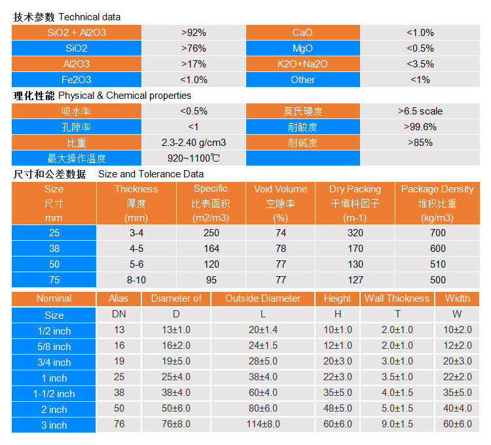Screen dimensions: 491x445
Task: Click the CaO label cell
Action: (303, 33)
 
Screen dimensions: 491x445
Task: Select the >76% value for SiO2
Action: (194, 48)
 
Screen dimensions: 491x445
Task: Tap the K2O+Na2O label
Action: (303, 64)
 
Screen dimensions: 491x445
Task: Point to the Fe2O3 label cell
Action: (77, 79)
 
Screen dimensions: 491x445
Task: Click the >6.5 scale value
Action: (420, 111)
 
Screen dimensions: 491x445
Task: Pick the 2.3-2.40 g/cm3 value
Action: (194, 143)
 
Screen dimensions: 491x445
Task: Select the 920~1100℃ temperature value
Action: (194, 158)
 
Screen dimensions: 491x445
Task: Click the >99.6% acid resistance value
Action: (420, 127)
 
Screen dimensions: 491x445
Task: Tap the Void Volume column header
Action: (280, 204)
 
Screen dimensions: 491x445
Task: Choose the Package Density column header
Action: (437, 204)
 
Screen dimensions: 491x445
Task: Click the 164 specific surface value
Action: (211, 249)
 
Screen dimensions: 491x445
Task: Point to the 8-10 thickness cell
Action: (137, 280)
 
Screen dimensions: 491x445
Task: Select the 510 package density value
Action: (438, 264)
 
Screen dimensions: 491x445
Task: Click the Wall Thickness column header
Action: (397, 298)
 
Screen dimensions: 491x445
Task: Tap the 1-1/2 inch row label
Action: (54, 394)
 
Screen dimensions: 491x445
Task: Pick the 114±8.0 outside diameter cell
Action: (263, 424)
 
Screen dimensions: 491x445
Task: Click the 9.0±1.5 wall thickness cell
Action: (397, 424)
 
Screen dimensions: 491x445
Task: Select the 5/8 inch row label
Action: (54, 347)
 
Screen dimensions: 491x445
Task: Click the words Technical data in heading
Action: (90, 17)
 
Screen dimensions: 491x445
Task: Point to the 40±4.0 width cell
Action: (458, 408)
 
